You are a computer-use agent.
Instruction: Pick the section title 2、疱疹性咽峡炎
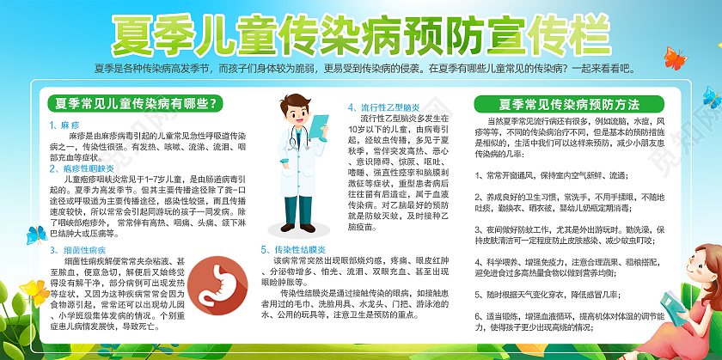point(82,168)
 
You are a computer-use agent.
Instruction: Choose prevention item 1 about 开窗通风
point(547,175)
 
